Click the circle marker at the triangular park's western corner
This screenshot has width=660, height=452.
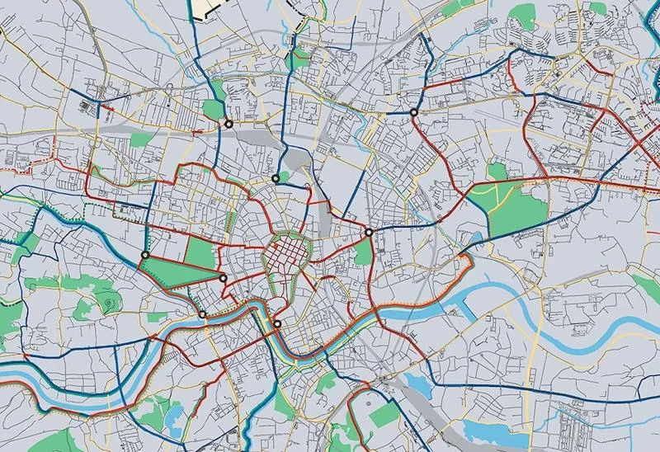145,256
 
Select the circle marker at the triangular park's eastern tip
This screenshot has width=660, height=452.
223,279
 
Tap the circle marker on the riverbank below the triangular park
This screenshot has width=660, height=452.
203,313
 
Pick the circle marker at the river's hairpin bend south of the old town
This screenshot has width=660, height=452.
277,324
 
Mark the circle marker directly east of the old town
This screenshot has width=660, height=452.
369,233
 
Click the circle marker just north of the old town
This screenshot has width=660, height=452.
276,178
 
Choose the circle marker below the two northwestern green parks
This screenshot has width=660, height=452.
228,124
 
